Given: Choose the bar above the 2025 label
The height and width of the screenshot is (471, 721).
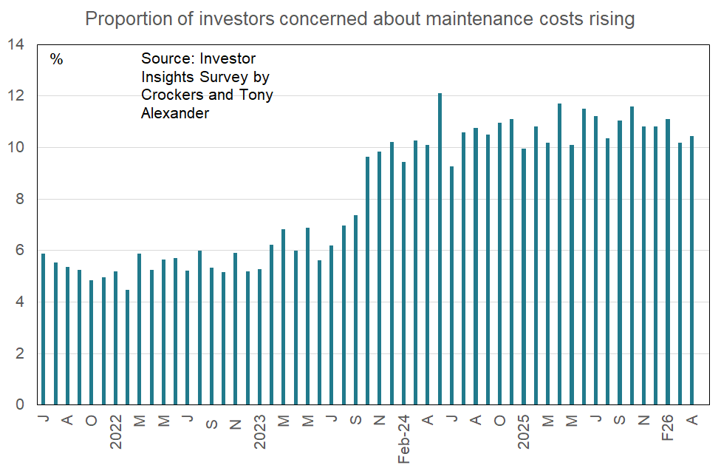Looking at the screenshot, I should [524, 277].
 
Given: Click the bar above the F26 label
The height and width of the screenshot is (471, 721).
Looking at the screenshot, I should [668, 262].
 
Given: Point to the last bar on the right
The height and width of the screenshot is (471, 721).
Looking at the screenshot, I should [692, 270].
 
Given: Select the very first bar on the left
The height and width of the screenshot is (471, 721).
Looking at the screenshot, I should [44, 329].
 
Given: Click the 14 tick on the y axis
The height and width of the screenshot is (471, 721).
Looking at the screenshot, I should [16, 45].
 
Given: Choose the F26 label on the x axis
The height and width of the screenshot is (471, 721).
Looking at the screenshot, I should [668, 427].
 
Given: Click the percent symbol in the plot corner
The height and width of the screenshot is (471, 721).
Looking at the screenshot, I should [57, 60].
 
